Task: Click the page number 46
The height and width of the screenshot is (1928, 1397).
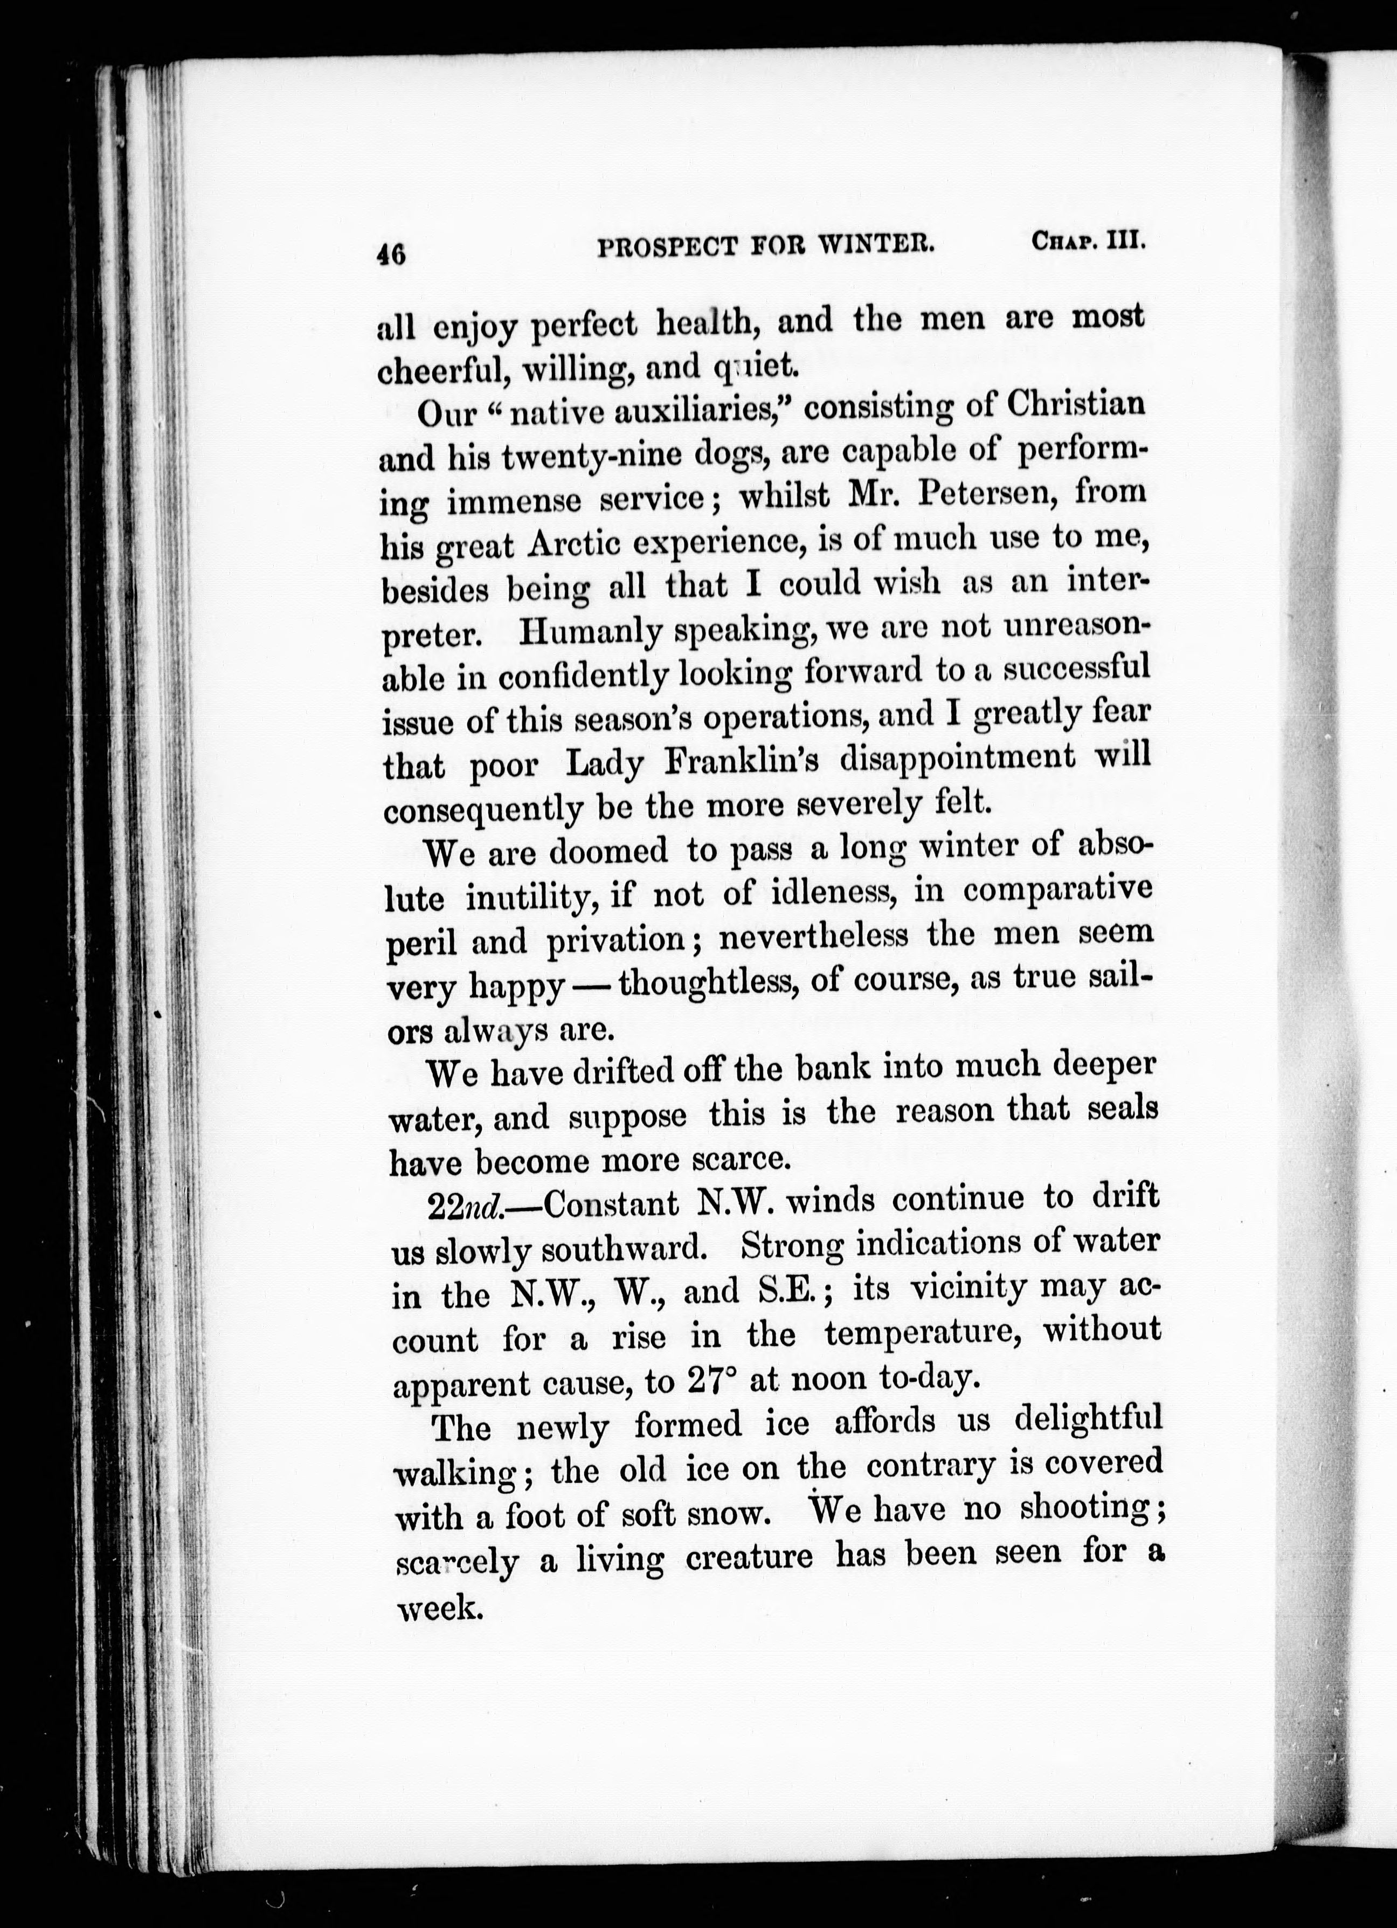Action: coord(392,253)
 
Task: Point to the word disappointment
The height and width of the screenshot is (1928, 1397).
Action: coord(957,756)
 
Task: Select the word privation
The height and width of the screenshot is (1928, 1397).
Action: coord(617,940)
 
